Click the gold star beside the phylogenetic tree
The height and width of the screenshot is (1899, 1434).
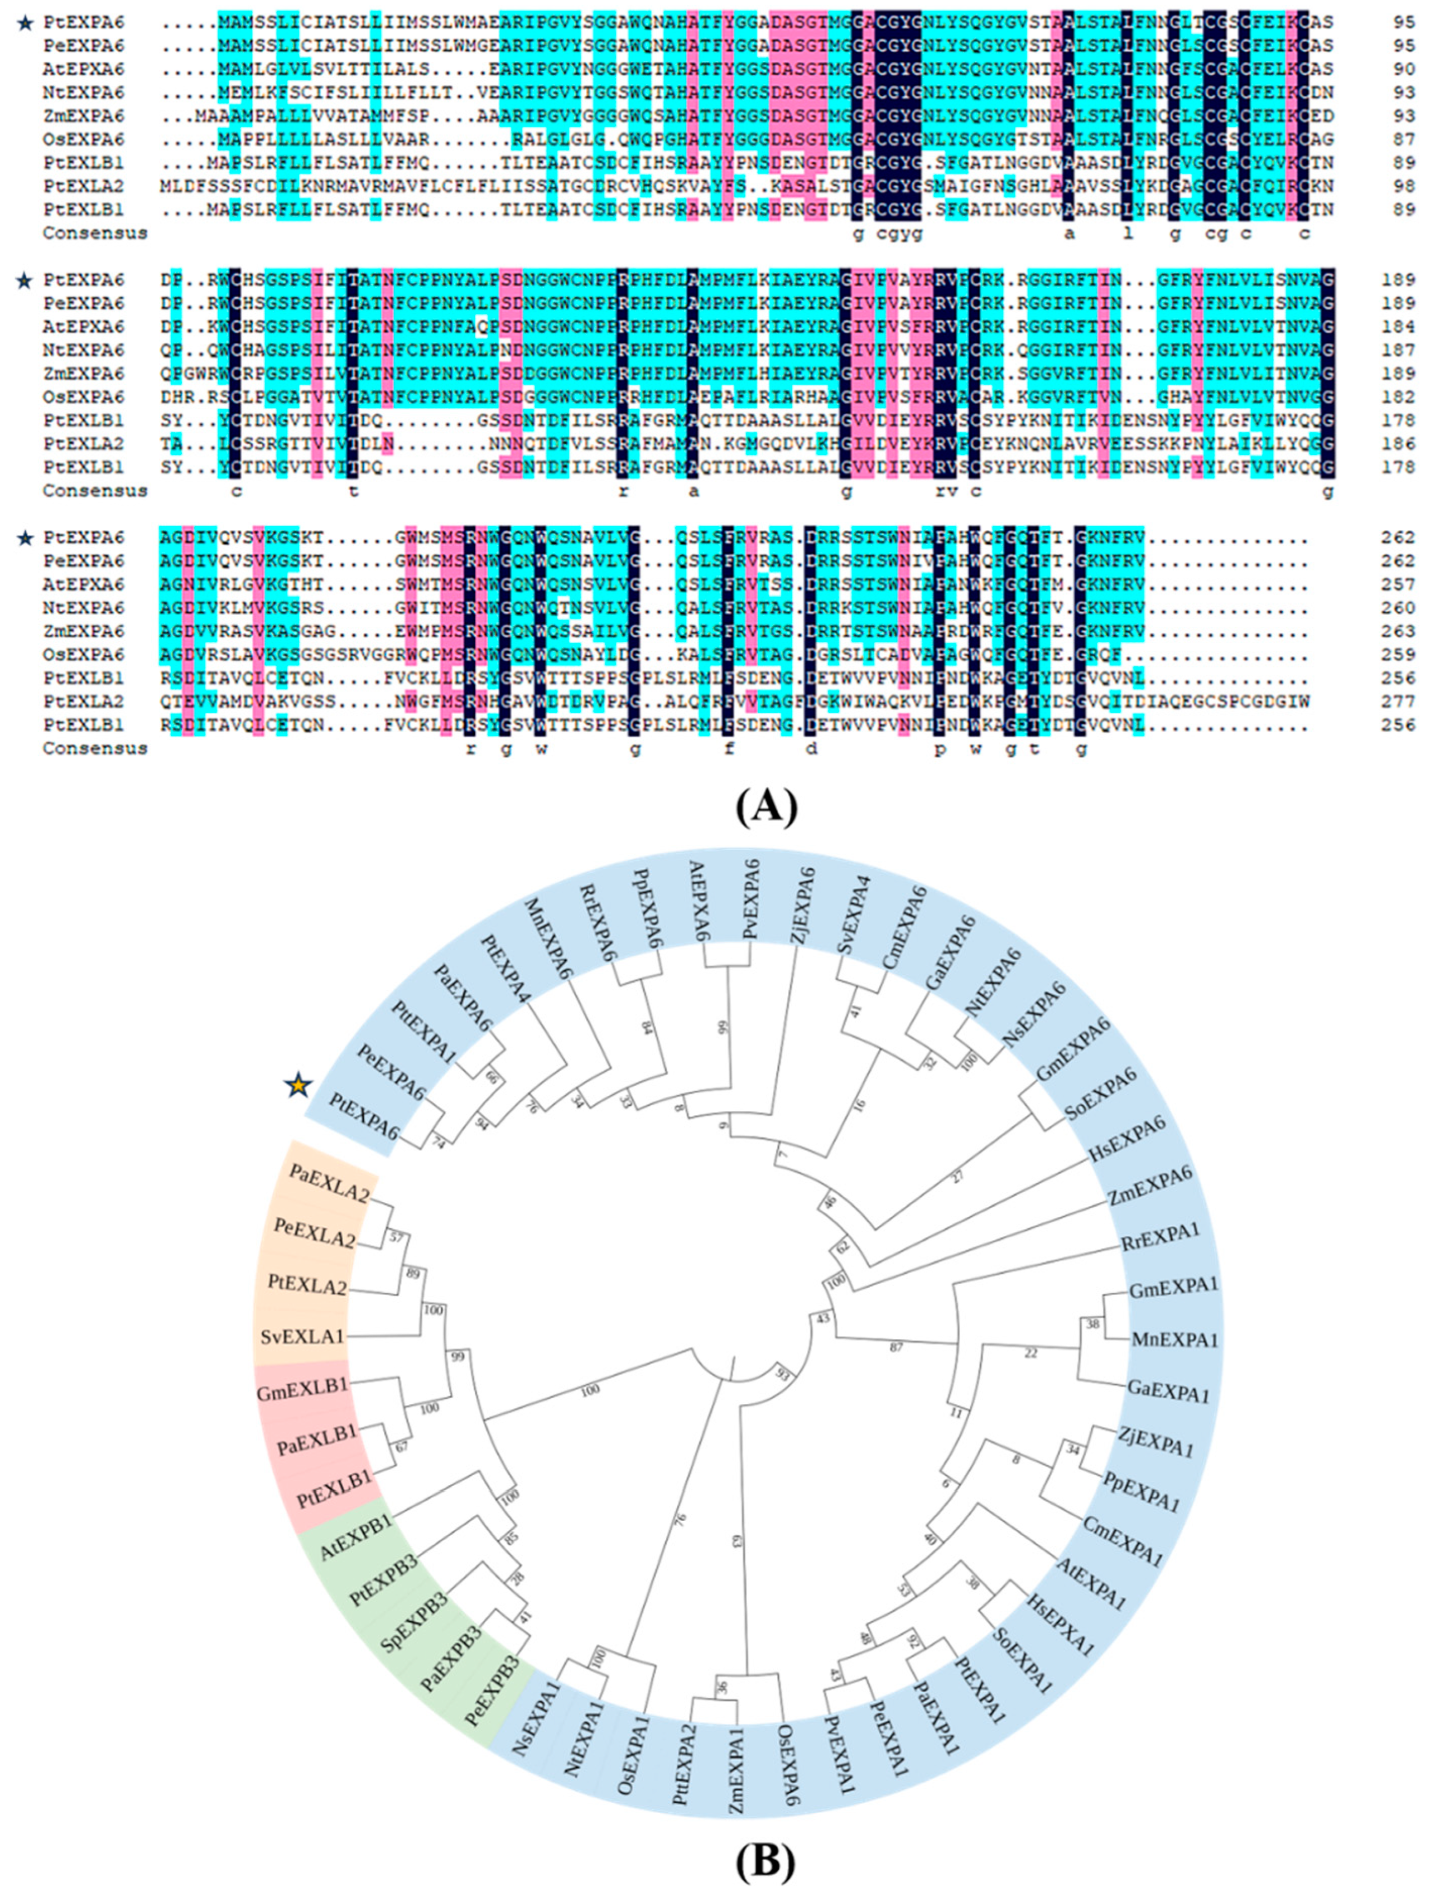click(298, 1086)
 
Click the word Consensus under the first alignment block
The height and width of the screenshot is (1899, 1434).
click(94, 233)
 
